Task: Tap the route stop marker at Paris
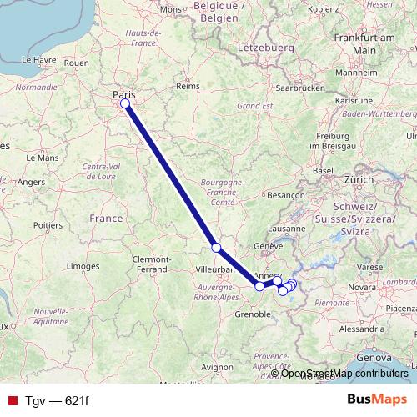[125, 103]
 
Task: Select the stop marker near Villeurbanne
[216, 248]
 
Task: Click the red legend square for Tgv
[12, 400]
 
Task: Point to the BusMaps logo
[377, 399]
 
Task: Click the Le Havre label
[38, 60]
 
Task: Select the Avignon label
[217, 366]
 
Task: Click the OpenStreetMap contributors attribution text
[344, 374]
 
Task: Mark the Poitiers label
[48, 224]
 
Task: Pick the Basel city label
[323, 169]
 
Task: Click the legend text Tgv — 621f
[57, 400]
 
